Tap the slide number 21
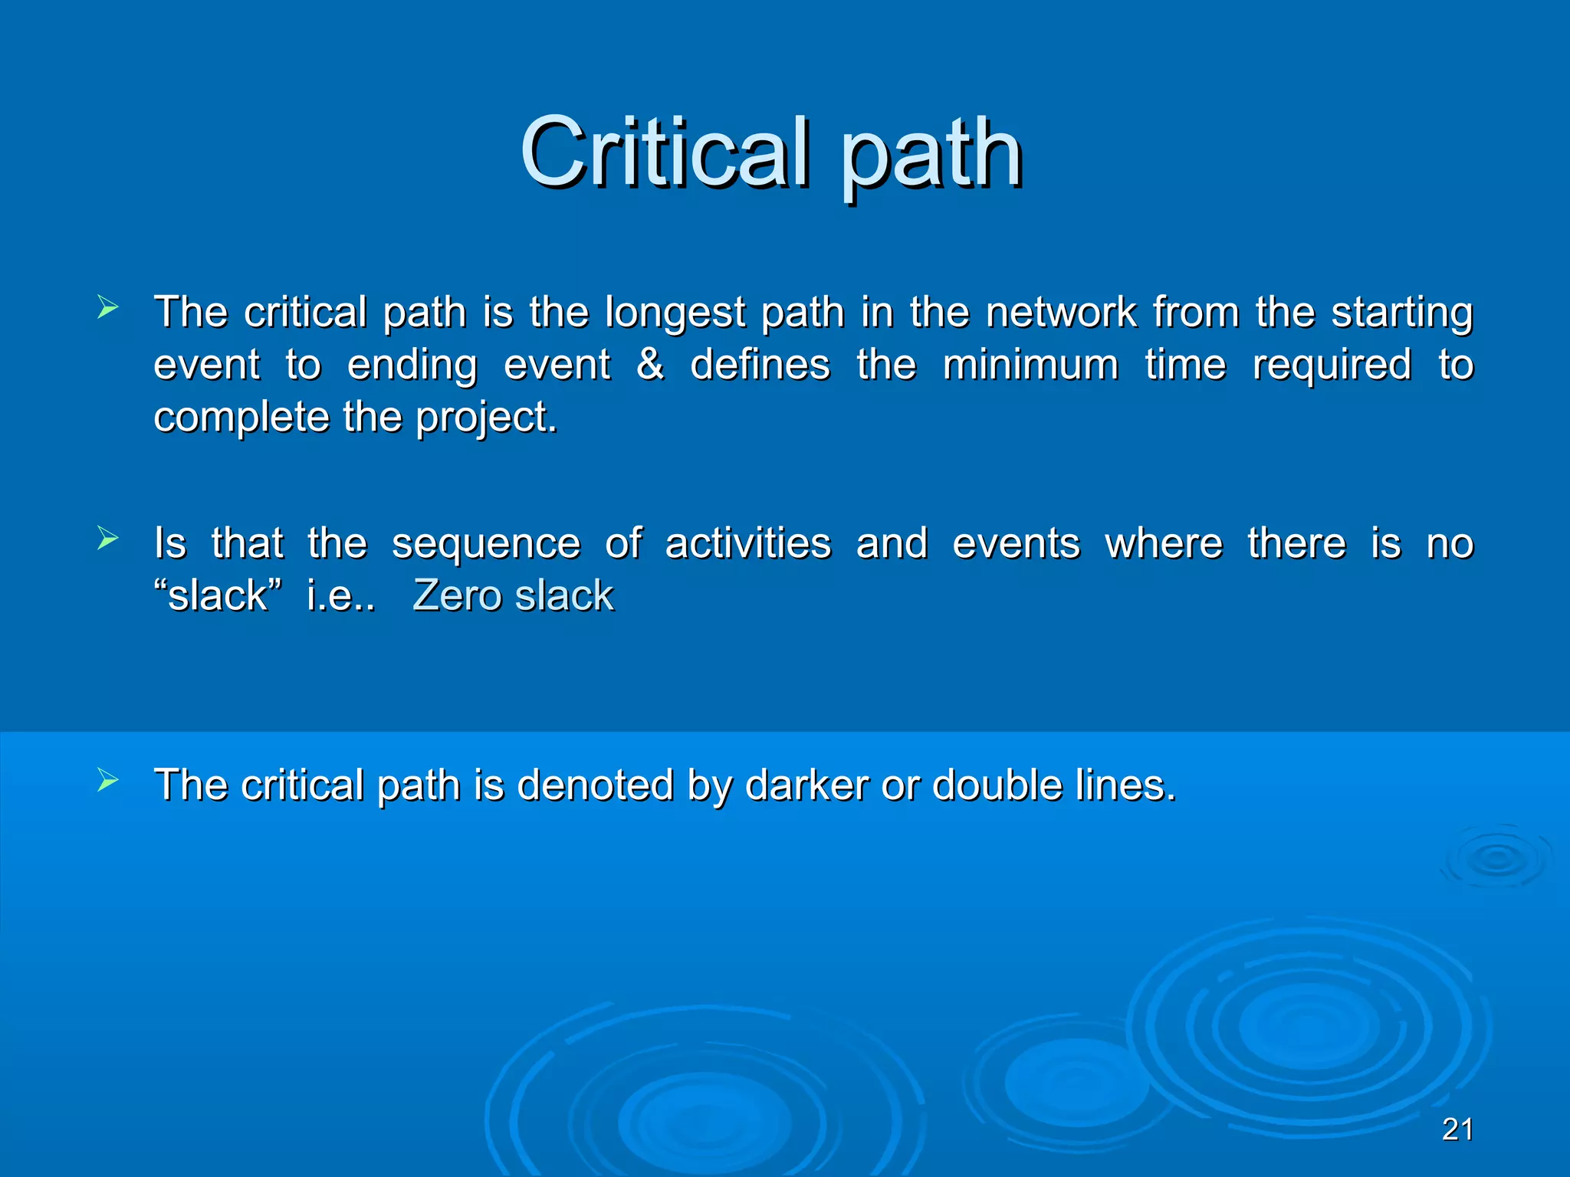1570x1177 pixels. tap(1457, 1129)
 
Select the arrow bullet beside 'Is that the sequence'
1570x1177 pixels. tap(108, 539)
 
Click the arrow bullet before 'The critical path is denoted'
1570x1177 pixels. tap(108, 781)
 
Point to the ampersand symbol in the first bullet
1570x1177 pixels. tap(650, 364)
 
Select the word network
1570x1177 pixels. tap(1061, 312)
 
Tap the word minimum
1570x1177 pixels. tap(1030, 364)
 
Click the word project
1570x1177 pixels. tap(486, 418)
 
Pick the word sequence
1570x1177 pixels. tap(486, 545)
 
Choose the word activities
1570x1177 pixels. tap(747, 543)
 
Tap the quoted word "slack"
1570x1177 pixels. tap(218, 595)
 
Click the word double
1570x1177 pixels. tap(997, 785)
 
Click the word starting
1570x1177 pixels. tap(1401, 313)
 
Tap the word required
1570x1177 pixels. tap(1331, 366)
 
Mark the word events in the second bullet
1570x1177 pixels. tap(1016, 543)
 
